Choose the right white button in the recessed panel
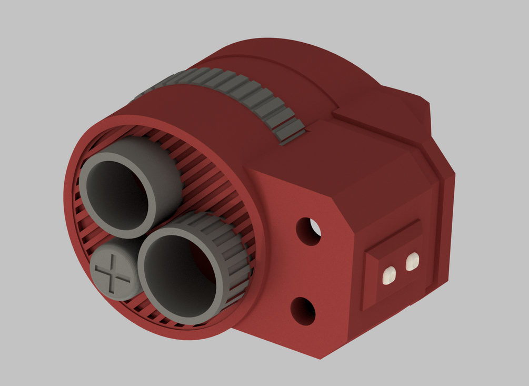click(x=412, y=261)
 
